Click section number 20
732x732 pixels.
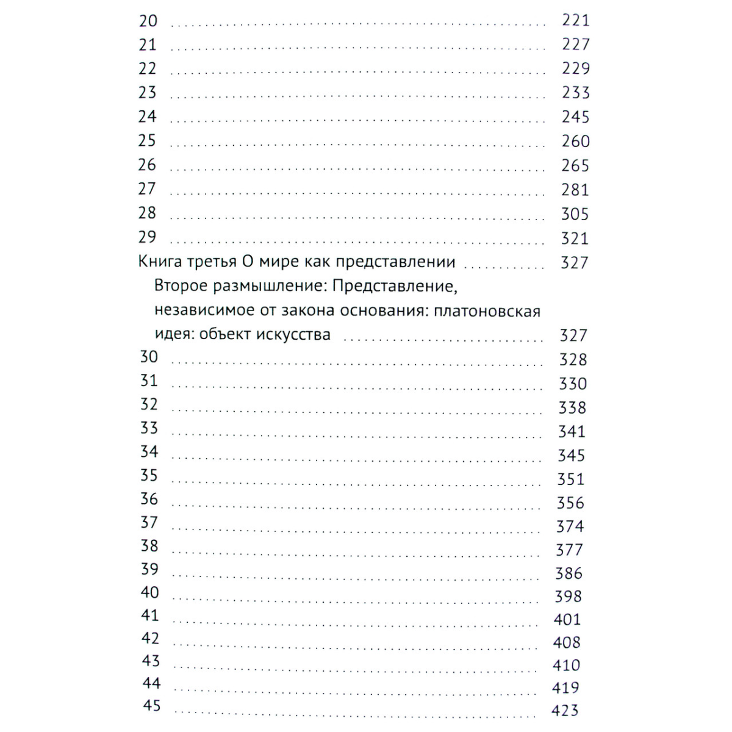click(x=148, y=21)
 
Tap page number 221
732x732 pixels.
click(x=575, y=21)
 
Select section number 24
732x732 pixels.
click(x=148, y=117)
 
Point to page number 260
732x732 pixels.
click(x=575, y=142)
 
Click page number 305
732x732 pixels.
click(x=575, y=214)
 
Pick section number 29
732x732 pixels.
click(x=148, y=237)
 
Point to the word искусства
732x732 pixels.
click(x=293, y=335)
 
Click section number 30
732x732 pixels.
click(x=149, y=357)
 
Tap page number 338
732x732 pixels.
click(x=572, y=407)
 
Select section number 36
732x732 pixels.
click(x=149, y=499)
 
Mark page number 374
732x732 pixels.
click(x=570, y=526)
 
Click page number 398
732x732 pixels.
click(x=568, y=597)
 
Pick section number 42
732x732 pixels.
click(x=150, y=638)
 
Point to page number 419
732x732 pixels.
click(x=565, y=688)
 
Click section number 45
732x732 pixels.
click(x=151, y=706)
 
